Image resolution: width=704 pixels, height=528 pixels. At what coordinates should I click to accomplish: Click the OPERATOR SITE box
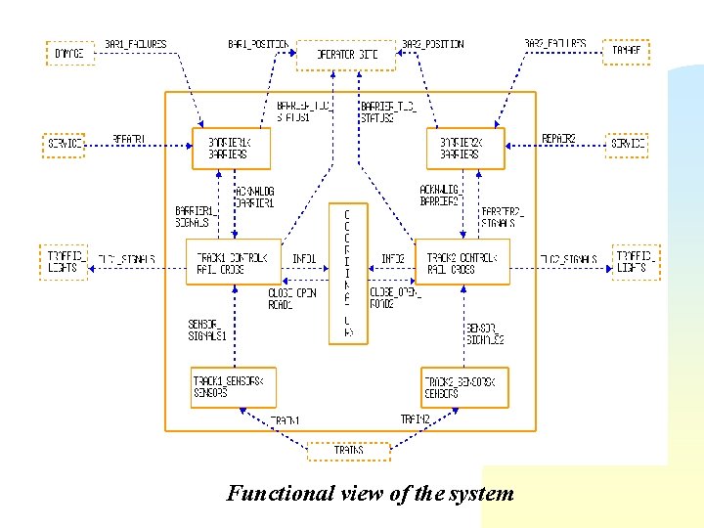346,55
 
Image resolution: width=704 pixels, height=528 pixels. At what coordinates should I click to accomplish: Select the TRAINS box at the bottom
348,451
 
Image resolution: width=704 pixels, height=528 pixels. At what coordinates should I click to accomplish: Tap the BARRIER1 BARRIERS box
231,148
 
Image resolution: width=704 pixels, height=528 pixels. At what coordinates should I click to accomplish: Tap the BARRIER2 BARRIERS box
466,148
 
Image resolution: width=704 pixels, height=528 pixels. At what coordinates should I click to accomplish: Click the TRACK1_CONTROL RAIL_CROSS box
233,262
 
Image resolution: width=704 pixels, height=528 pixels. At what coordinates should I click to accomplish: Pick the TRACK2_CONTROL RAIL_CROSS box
462,262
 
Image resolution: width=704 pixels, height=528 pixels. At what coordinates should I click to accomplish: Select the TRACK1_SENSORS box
233,386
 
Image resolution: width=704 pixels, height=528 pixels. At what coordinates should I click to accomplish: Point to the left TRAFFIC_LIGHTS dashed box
65,261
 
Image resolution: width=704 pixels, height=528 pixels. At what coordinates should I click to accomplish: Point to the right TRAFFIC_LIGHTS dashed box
638,261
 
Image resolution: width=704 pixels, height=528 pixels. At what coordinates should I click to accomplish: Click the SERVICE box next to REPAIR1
65,144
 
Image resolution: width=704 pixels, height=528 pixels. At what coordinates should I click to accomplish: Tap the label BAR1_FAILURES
136,44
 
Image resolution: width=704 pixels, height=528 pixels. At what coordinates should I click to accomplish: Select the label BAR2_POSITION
433,44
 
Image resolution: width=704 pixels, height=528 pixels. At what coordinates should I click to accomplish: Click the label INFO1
304,259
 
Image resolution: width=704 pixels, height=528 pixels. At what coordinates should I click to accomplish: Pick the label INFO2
393,259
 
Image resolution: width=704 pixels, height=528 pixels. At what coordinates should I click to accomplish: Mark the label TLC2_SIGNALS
568,259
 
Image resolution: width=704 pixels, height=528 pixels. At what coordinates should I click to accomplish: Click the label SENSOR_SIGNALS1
207,330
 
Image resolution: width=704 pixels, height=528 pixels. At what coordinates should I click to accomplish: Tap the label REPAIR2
558,139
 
